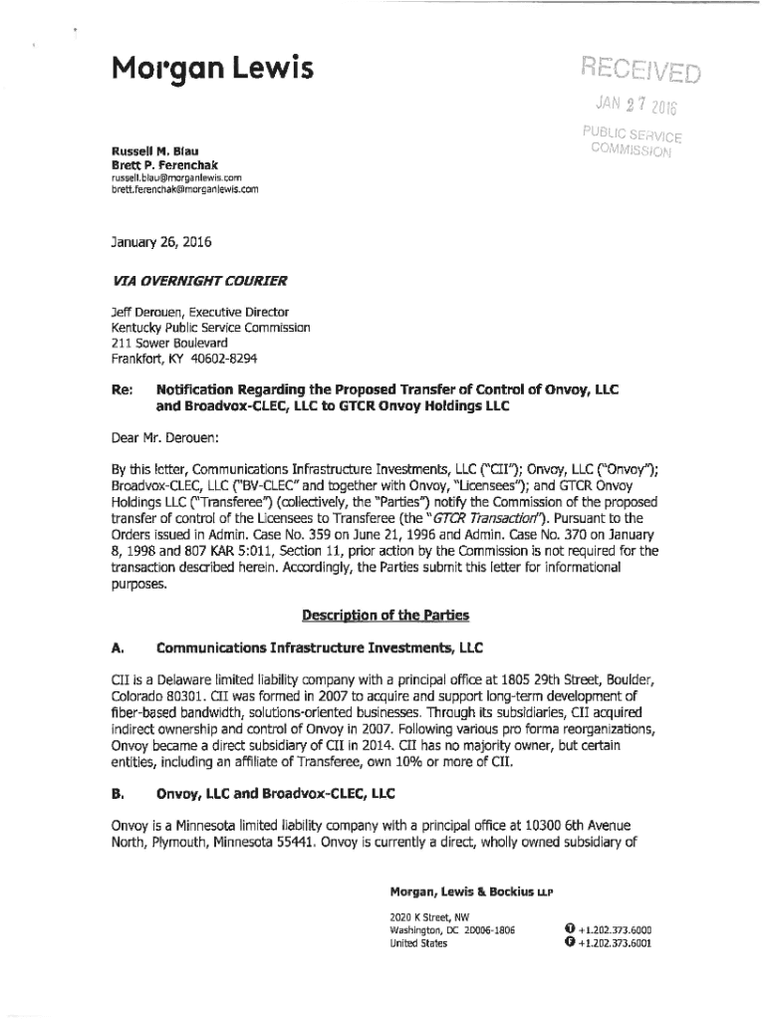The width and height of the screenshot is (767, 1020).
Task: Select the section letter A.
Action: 117,649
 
